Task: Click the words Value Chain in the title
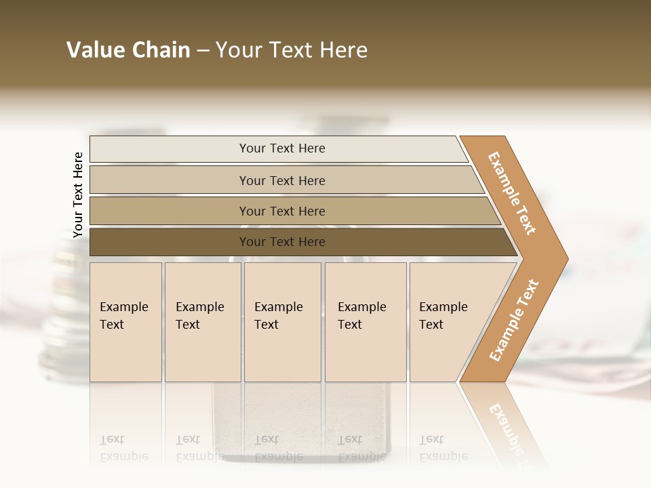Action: [x=128, y=50]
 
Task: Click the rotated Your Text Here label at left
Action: [x=78, y=195]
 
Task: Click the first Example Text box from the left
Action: [x=125, y=322]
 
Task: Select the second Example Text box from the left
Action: [x=202, y=322]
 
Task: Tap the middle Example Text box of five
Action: [x=282, y=322]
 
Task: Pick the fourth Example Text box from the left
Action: [x=366, y=322]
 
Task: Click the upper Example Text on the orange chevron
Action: [x=512, y=193]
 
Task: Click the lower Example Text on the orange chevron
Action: [x=513, y=321]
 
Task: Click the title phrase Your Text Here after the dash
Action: [x=292, y=50]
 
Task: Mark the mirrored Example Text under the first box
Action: [x=123, y=448]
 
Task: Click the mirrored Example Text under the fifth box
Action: [x=443, y=448]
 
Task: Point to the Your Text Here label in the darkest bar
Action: [x=282, y=242]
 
